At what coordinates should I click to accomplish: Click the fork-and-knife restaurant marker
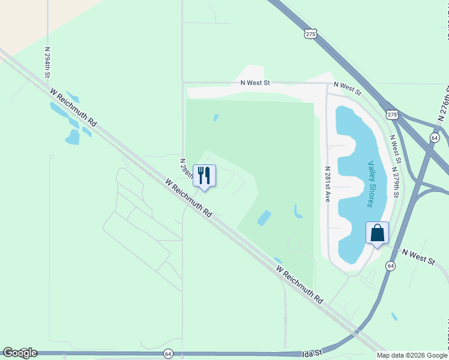(204, 176)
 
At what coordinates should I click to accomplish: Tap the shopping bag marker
(377, 233)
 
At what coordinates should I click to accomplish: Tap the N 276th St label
(444, 103)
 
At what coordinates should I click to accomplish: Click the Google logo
(20, 353)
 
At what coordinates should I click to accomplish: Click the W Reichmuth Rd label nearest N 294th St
(74, 107)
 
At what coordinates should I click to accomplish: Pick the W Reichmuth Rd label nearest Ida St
(300, 284)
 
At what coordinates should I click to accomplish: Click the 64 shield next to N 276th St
(434, 138)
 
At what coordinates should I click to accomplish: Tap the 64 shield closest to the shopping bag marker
(391, 266)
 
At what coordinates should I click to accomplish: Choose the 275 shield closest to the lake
(392, 114)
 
